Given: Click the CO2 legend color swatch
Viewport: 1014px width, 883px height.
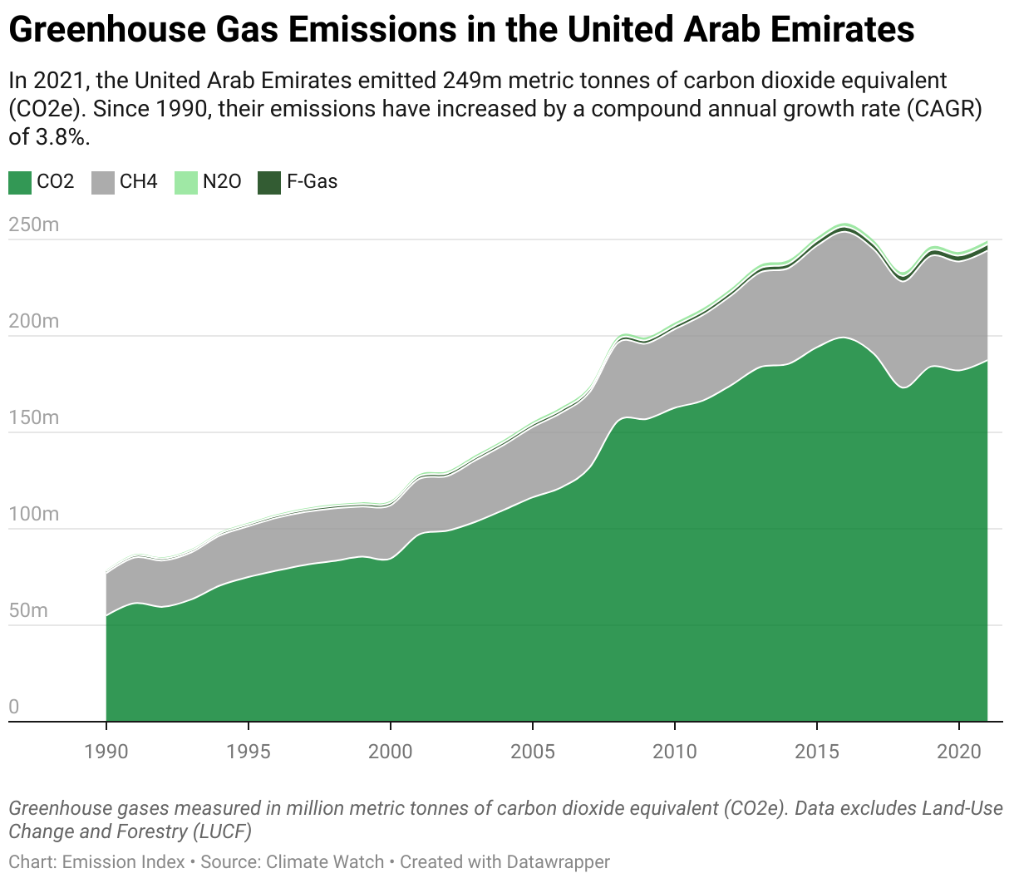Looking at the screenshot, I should tap(20, 182).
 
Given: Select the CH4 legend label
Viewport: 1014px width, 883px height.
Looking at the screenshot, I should tap(138, 181).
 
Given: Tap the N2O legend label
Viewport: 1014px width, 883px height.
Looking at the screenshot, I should tap(222, 181).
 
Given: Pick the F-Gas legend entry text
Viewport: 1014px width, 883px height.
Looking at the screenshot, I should tap(312, 181).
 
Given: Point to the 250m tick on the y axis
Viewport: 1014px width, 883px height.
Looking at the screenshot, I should tap(33, 224).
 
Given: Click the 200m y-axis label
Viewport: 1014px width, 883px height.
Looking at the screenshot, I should tap(33, 321).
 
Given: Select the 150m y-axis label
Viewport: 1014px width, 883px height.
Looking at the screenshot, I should tap(33, 417).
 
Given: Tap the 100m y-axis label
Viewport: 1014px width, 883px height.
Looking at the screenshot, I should tap(33, 514).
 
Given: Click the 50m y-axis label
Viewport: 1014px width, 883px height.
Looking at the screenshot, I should tap(28, 610).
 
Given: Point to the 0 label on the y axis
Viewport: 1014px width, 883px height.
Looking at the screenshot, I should tap(13, 707).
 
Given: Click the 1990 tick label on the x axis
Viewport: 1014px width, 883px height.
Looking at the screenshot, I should tap(106, 752).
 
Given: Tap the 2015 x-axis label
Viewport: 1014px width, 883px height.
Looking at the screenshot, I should tap(817, 752).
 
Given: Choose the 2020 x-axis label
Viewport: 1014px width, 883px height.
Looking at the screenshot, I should tap(959, 752).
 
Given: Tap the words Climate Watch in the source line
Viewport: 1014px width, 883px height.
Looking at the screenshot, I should tap(327, 862).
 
